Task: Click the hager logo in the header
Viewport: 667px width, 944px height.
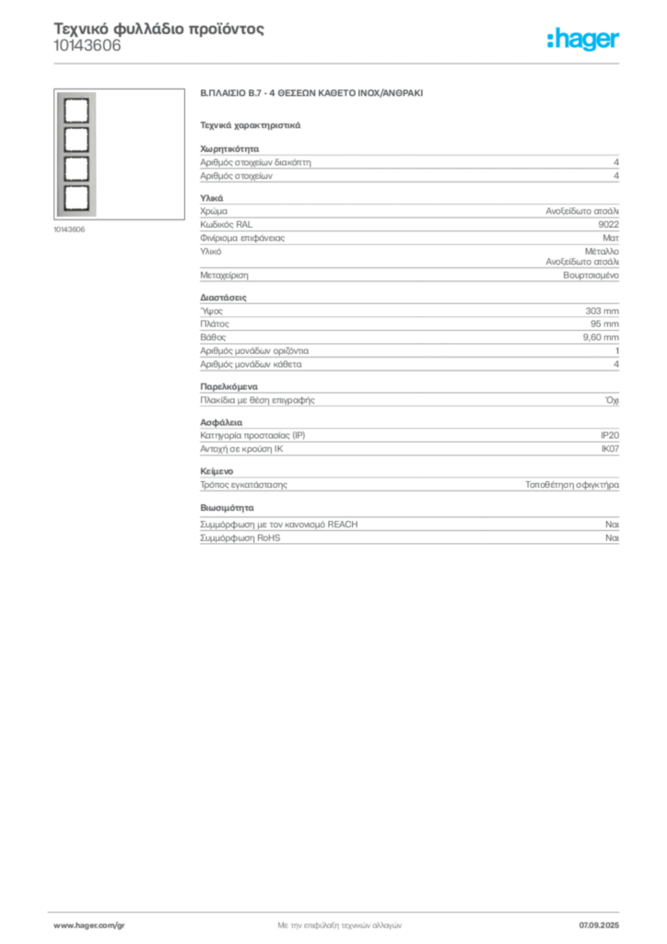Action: click(583, 39)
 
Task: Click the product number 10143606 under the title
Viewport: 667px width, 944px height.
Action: click(88, 46)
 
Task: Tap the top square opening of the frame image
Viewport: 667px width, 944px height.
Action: click(76, 111)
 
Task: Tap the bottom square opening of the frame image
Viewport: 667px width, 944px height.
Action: click(76, 198)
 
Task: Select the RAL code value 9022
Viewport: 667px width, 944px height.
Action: click(609, 225)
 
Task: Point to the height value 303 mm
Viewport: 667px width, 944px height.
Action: click(602, 311)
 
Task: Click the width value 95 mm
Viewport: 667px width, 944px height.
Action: click(604, 324)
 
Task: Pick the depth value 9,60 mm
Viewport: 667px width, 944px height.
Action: click(601, 337)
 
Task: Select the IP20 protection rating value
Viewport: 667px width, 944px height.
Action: click(610, 435)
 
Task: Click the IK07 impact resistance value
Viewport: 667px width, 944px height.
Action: click(610, 449)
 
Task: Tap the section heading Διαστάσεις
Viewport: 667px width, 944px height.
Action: click(223, 298)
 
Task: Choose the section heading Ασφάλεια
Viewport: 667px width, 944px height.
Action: click(221, 422)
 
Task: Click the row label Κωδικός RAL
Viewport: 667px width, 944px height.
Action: click(226, 225)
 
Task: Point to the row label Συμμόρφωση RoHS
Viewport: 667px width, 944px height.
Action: click(240, 537)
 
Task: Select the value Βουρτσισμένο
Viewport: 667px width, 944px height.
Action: click(591, 275)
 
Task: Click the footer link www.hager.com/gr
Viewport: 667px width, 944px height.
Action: click(89, 926)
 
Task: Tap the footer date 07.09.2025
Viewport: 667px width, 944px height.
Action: click(599, 926)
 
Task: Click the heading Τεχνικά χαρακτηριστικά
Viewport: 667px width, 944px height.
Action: click(251, 125)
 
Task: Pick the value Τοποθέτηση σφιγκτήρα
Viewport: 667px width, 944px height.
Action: click(572, 485)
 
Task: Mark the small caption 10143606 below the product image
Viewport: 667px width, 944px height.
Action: click(69, 230)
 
